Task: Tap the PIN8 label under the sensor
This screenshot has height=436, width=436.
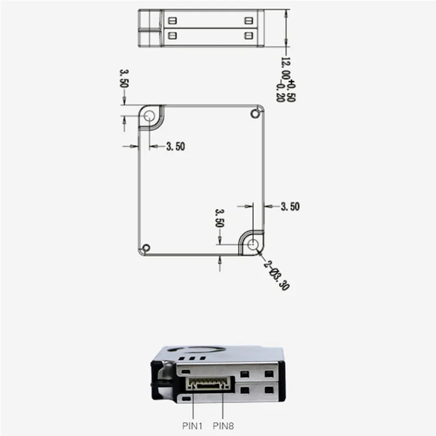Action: (x=223, y=425)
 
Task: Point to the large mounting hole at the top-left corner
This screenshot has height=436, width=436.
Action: (x=149, y=116)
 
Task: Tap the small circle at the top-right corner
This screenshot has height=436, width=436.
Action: (x=254, y=113)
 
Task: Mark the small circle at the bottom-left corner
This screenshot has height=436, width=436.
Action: (x=144, y=248)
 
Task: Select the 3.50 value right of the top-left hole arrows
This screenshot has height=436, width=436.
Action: (x=175, y=146)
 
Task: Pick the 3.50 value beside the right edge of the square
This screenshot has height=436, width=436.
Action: (x=290, y=206)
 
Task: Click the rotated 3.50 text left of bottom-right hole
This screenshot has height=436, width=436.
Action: (x=220, y=217)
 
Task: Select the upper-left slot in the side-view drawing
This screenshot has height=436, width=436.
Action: (x=173, y=21)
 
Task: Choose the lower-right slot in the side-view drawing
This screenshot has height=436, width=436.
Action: (x=249, y=35)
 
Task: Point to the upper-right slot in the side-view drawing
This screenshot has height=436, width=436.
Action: (x=249, y=21)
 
